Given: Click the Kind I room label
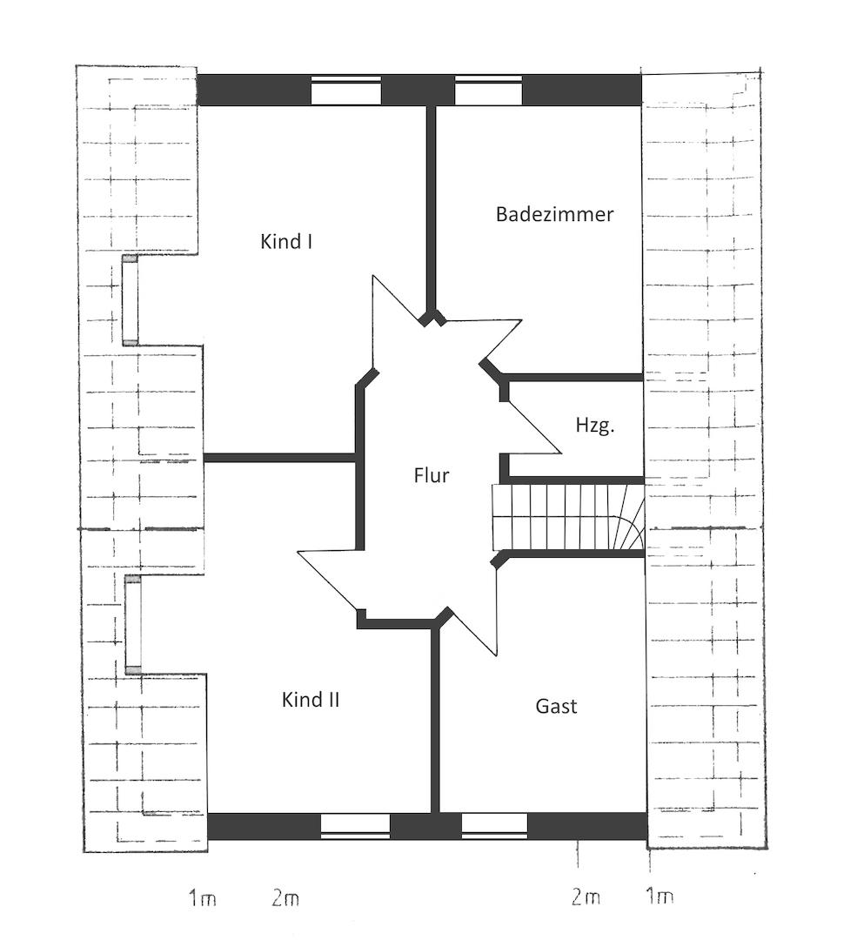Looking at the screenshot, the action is tap(286, 242).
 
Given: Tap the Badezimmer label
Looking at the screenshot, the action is tap(554, 214).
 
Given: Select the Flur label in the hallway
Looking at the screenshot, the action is tap(431, 475).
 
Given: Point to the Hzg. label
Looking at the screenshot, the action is tap(595, 425).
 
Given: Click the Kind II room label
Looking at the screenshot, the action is tap(311, 700).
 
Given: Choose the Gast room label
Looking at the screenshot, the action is tap(556, 706).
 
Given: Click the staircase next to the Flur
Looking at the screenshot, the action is tap(568, 517).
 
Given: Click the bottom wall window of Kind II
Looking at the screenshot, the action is tap(355, 826).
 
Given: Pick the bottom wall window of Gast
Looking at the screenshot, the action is tap(494, 826).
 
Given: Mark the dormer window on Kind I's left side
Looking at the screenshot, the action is tap(131, 300).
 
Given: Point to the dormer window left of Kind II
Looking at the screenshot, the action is tap(134, 624).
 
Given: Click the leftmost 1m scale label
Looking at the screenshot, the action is tap(203, 898).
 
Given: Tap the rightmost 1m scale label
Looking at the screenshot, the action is tap(659, 896).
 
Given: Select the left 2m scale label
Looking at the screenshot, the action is tap(285, 898).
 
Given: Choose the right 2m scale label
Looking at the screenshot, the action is tap(586, 896).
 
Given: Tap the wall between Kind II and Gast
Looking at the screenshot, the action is tap(436, 720).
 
